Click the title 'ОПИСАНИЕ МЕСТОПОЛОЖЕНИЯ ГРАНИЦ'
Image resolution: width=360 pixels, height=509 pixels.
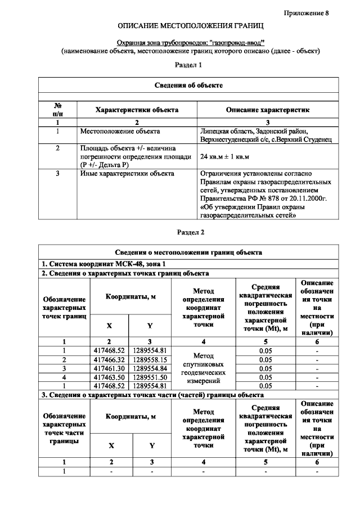pos(191,26)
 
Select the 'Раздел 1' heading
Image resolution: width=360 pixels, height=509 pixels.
pos(188,65)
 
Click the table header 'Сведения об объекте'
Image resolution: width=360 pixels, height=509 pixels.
pos(188,85)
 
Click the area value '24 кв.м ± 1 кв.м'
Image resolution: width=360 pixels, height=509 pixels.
pos(224,156)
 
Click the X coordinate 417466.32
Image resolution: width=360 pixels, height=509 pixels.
pos(109,359)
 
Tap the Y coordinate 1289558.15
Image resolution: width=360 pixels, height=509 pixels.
pos(150,359)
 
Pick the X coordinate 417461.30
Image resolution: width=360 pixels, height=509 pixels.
pos(109,368)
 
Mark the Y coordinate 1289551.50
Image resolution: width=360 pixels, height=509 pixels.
pos(150,377)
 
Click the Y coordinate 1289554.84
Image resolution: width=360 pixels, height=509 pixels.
pos(150,368)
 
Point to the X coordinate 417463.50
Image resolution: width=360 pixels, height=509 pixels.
pos(109,377)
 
